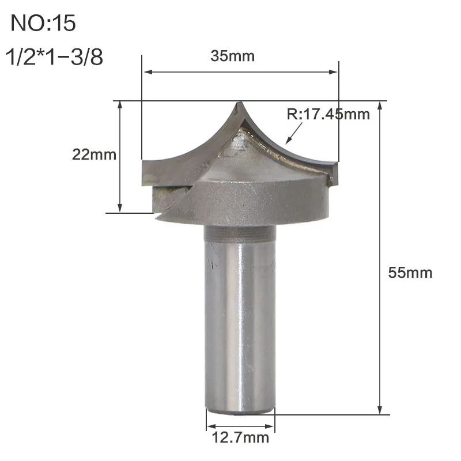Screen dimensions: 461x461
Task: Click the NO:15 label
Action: (x=43, y=24)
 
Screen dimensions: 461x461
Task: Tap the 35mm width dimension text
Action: (x=233, y=56)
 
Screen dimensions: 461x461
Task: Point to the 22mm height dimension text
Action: (x=94, y=154)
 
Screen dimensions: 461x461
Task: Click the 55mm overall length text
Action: (x=410, y=273)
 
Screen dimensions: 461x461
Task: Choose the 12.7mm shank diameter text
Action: (x=240, y=438)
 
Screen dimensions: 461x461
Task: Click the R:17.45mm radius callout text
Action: (x=328, y=114)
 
